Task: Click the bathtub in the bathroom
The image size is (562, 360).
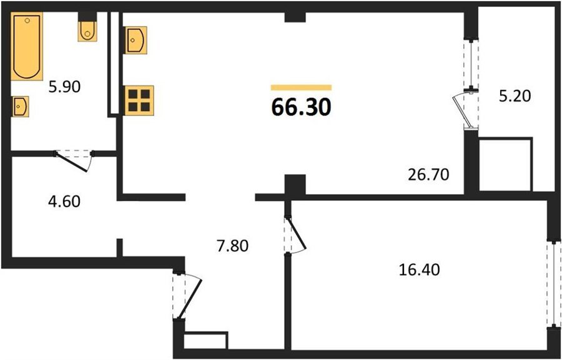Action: coord(27,46)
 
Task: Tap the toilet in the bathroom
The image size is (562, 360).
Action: coord(87,31)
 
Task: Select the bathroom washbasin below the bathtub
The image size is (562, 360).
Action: coord(20,107)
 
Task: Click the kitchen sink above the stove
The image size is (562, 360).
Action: coord(136,40)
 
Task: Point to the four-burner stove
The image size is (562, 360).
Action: coord(139,100)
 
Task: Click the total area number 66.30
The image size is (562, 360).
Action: coord(301,107)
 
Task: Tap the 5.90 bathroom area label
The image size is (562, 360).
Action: coord(65,87)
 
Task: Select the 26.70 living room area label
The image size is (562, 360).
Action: coord(428,175)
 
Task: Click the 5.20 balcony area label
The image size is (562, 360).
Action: coord(515,96)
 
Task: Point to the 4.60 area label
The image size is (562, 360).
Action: coord(64,202)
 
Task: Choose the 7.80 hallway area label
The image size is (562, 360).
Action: coord(233,246)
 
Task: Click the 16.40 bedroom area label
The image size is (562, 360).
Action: coord(419,270)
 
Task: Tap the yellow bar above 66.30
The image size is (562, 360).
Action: coord(301,87)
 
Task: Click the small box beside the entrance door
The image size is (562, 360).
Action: coord(205,340)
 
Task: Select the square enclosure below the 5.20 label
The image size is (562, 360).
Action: coord(505,165)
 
